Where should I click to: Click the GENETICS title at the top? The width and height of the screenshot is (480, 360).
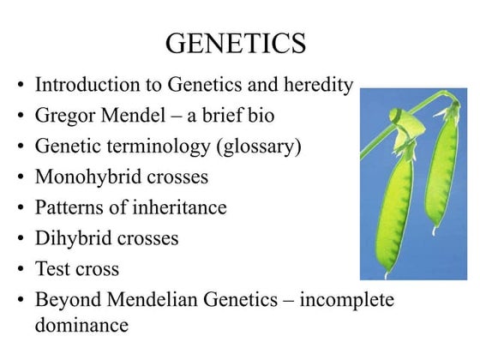(x=235, y=43)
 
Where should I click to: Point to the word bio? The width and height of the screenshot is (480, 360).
(x=260, y=115)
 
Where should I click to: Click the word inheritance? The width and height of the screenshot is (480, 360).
(x=179, y=207)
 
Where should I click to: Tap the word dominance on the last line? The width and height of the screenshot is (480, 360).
(x=81, y=326)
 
